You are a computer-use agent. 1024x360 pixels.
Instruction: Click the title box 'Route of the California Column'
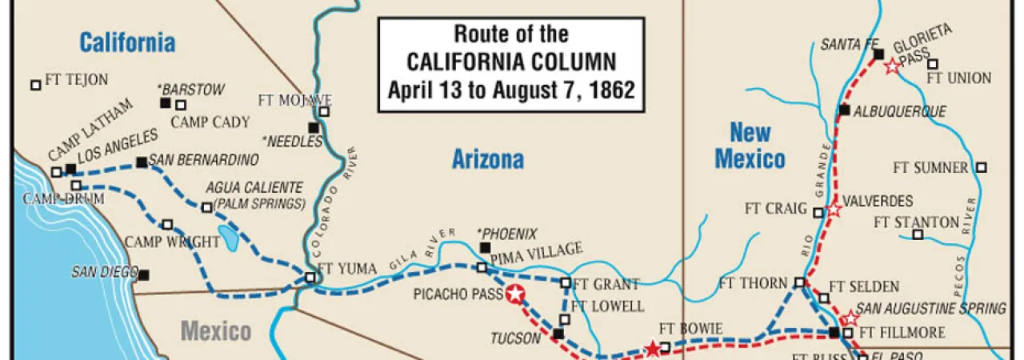pos(511,62)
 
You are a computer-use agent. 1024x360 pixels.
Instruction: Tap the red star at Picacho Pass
pos(515,294)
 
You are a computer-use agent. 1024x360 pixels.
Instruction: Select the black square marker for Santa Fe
pos(878,54)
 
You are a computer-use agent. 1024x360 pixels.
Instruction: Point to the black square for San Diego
pos(144,275)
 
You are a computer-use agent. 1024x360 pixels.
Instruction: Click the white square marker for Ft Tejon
pos(35,84)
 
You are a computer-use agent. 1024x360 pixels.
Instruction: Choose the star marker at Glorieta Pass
pos(893,67)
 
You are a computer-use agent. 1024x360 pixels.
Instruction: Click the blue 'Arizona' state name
pos(488,159)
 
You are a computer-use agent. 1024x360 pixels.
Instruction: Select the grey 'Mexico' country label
pos(216,330)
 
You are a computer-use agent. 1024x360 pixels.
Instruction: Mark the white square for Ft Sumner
pos(982,167)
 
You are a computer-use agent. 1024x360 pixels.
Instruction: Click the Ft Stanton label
pos(916,222)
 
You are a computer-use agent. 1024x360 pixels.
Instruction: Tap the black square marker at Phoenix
pos(484,248)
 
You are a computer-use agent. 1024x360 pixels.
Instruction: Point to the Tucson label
pos(517,338)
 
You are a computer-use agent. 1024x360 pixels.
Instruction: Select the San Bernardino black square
pos(142,162)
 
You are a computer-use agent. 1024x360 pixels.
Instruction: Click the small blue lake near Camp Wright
pos(228,238)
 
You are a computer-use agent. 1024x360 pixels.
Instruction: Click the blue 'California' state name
pos(127,42)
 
